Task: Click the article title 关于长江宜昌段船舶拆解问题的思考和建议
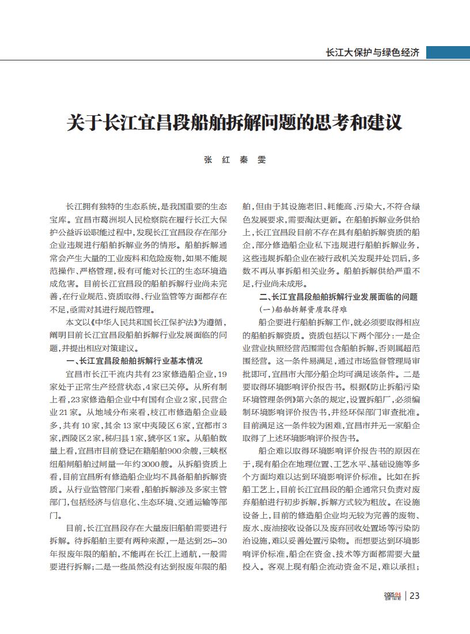[x=234, y=123]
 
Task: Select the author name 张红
[x=215, y=161]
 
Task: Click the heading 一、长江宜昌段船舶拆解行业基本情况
[x=134, y=361]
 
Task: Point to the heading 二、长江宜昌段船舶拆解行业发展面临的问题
[x=338, y=297]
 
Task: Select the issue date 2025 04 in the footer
[x=392, y=594]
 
